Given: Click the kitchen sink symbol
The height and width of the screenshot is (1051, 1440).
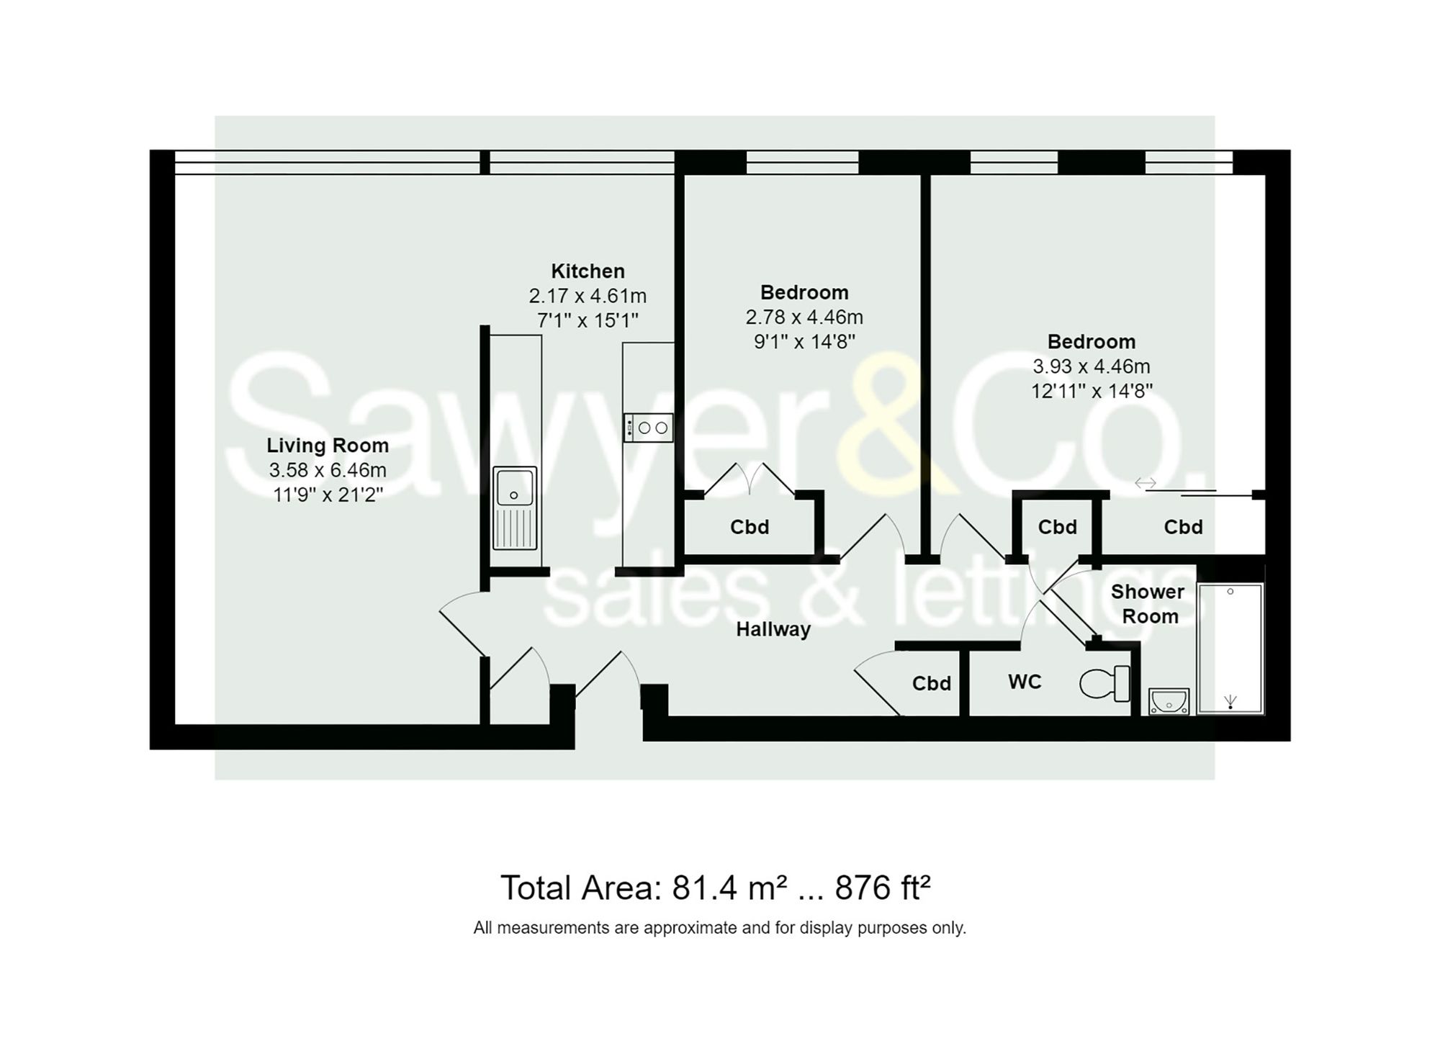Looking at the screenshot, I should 515,508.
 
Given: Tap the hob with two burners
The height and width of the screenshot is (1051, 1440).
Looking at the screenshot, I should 648,428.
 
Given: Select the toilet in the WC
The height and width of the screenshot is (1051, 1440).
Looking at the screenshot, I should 1104,683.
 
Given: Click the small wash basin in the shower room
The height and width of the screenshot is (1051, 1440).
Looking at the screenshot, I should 1169,701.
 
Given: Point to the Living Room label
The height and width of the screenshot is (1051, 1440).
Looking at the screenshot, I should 328,446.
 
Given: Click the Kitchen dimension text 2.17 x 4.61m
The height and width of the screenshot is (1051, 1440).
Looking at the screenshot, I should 588,296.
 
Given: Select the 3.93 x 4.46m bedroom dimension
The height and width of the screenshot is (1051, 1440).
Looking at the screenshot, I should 1091,366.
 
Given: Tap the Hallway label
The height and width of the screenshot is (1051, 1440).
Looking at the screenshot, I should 773,629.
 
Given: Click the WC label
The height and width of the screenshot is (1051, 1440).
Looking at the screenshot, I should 1024,682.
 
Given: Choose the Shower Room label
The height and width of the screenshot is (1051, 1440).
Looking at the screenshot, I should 1147,604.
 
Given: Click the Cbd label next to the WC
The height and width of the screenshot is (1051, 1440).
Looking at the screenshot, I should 931,683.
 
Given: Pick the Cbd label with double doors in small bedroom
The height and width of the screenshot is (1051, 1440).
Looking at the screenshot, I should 750,527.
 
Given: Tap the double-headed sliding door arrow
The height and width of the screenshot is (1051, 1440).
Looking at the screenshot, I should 1145,483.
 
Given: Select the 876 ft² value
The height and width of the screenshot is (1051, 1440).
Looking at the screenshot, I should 882,888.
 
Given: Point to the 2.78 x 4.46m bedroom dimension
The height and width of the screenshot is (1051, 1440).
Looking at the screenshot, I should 804,317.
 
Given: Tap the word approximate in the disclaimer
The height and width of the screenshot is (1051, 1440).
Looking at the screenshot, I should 691,928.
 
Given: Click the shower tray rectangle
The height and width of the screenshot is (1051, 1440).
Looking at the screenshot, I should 1230,648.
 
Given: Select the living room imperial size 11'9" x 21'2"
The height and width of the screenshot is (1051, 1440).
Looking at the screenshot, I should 328,495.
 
